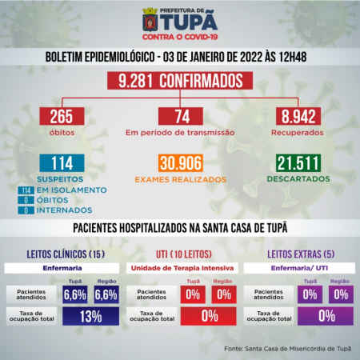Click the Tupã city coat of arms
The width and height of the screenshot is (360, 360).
(x=150, y=17)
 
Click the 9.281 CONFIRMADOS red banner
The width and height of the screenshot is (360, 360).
(x=180, y=82)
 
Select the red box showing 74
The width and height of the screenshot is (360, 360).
(x=180, y=117)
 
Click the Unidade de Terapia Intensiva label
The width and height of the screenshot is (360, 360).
(x=180, y=267)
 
